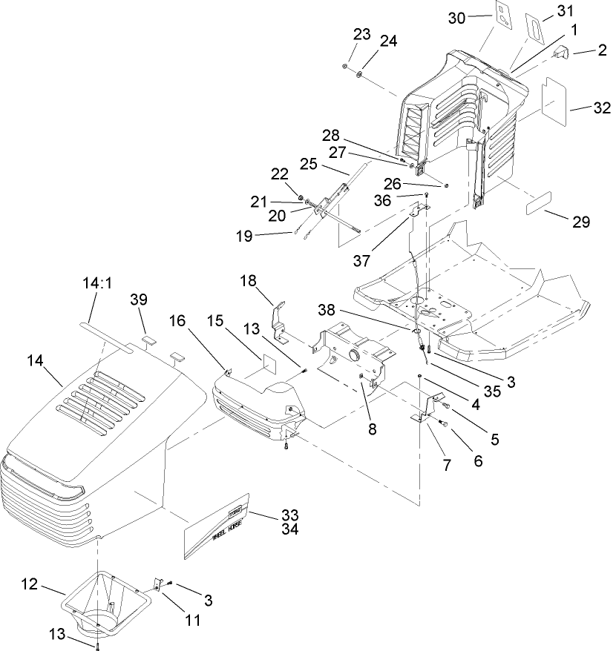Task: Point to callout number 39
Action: pyautogui.click(x=140, y=299)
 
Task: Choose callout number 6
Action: pyautogui.click(x=477, y=461)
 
